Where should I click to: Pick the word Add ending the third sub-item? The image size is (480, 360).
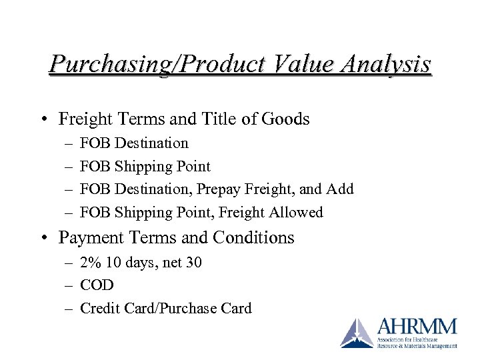pos(340,189)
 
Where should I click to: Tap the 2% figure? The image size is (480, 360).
pos(89,263)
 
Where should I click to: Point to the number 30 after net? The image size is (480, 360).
pos(193,263)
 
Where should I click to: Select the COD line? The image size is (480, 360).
pos(97,285)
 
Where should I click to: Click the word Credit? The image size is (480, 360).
pos(99,308)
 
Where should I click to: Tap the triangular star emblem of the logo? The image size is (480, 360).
pos(357,333)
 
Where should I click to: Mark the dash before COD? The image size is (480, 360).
pos(69,285)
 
